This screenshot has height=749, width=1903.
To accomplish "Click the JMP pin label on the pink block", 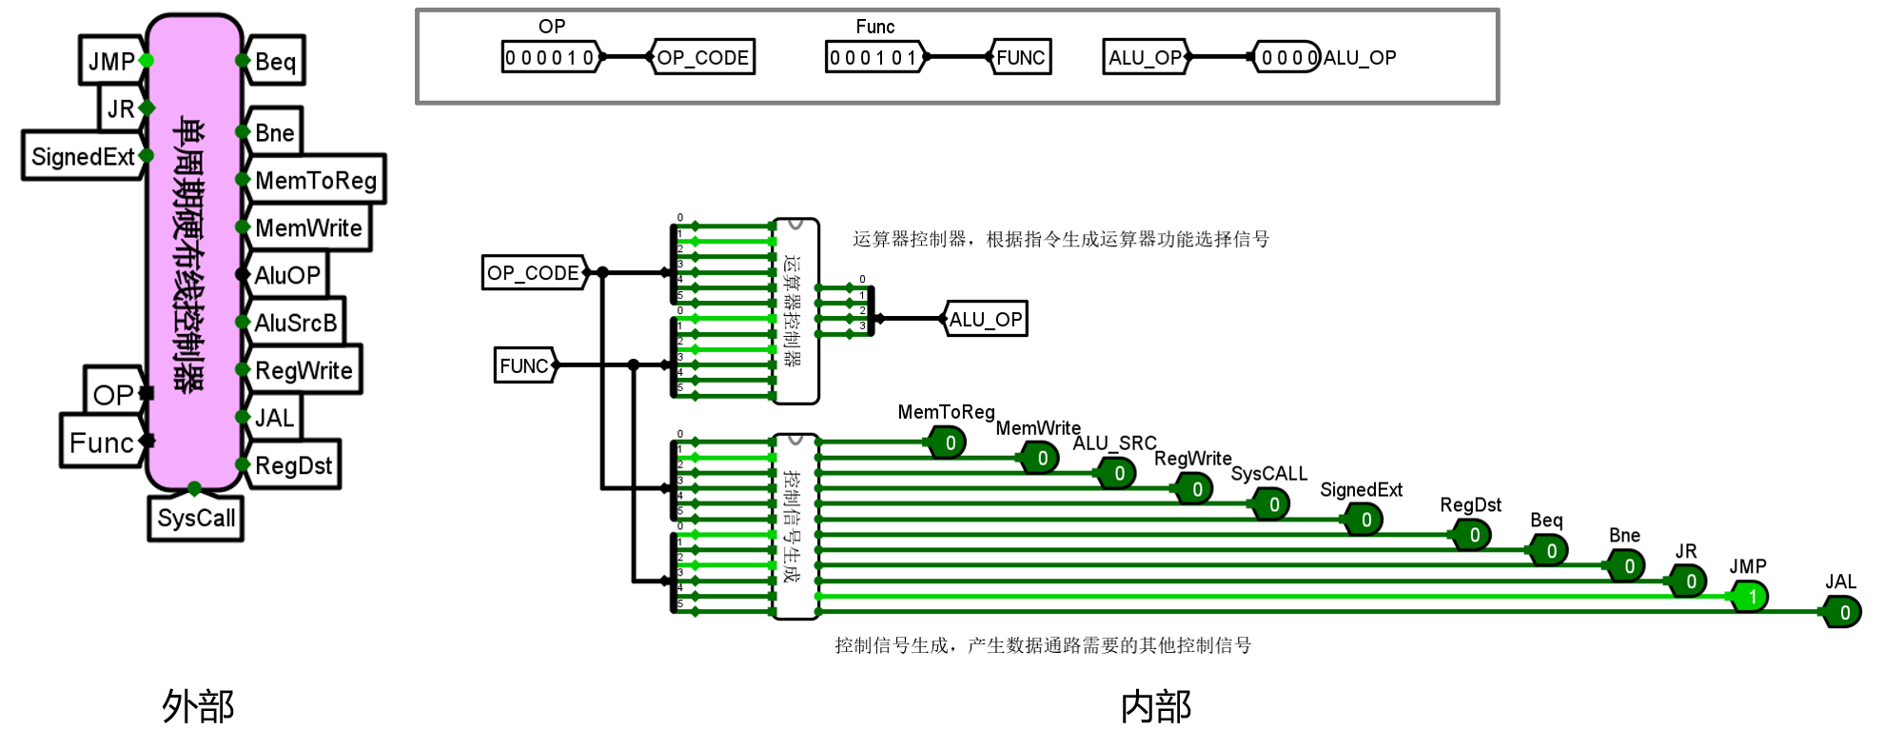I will (x=111, y=61).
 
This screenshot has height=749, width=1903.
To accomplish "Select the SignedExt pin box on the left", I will (x=83, y=156).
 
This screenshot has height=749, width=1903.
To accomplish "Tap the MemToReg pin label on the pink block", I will (x=316, y=180).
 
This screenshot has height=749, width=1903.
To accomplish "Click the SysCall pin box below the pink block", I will (x=196, y=518).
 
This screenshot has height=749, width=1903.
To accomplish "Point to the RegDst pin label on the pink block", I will (x=293, y=465).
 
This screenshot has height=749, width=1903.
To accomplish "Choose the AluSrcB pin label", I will (x=295, y=323).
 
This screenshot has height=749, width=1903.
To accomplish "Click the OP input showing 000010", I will (x=550, y=57).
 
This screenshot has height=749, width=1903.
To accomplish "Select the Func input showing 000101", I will (x=873, y=57).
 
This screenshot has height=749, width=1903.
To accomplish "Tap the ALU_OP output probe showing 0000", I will (x=1287, y=57).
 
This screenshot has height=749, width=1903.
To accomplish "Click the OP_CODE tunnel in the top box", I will (x=702, y=57).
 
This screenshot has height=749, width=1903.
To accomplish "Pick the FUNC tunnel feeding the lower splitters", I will (x=524, y=365).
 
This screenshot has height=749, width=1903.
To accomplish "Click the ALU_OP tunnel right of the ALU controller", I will (x=986, y=319).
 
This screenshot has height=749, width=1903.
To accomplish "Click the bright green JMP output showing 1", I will (x=1751, y=597).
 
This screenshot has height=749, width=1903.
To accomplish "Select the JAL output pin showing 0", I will (x=1843, y=612).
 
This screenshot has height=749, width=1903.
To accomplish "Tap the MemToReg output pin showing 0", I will (x=949, y=443).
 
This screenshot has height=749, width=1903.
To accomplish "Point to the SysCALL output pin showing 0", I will (x=1272, y=504).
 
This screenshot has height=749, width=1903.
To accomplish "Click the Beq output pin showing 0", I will (x=1550, y=550).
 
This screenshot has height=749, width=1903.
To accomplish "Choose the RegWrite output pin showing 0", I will (x=1195, y=489).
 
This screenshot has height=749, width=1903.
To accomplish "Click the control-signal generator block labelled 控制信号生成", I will (x=795, y=525).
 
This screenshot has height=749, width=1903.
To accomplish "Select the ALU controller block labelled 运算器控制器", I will (x=795, y=310).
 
